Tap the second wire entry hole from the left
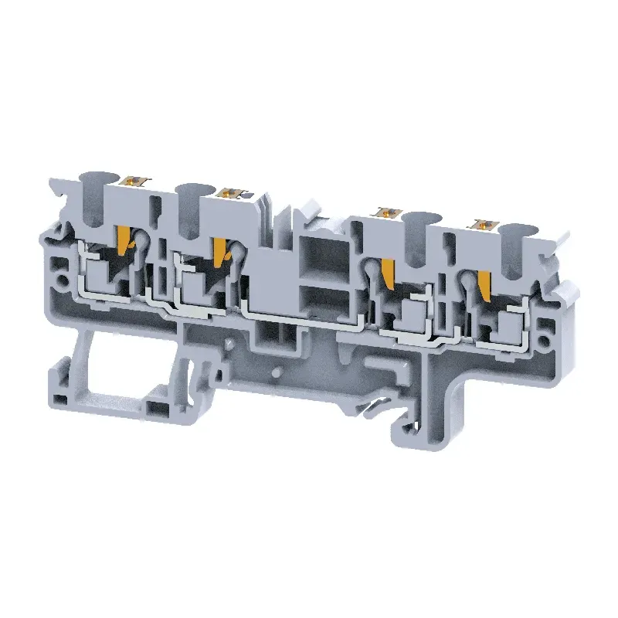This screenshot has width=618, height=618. click(192, 191)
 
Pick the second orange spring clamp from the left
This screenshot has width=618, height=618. click(220, 248)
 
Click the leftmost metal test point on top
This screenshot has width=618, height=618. click(137, 182)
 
